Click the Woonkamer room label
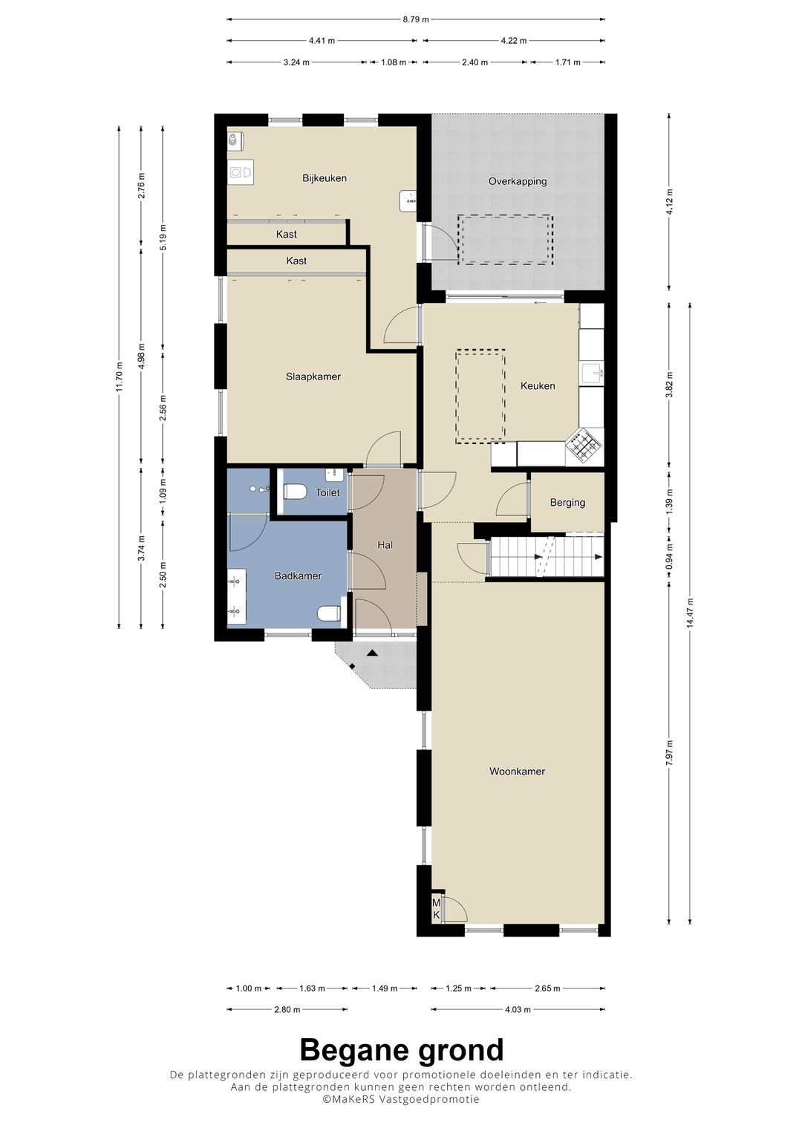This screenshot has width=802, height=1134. pyautogui.click(x=517, y=772)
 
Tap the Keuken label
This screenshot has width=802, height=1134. pyautogui.click(x=538, y=386)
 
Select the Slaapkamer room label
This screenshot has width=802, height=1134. pyautogui.click(x=313, y=377)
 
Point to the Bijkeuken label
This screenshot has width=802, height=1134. pyautogui.click(x=325, y=178)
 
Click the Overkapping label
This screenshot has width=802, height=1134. pyautogui.click(x=518, y=181)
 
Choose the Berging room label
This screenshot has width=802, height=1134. pyautogui.click(x=567, y=503)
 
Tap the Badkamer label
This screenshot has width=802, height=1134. pyautogui.click(x=298, y=576)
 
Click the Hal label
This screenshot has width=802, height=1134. pyautogui.click(x=385, y=545)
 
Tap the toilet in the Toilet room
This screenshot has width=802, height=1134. pyautogui.click(x=296, y=492)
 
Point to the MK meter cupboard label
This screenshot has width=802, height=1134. pyautogui.click(x=437, y=909)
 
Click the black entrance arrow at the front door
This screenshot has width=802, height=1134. pyautogui.click(x=372, y=653)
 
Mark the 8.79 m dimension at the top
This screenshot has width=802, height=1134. pyautogui.click(x=416, y=20)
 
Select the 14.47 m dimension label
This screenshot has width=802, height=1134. pyautogui.click(x=691, y=613)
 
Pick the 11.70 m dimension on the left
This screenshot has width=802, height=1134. pyautogui.click(x=119, y=377)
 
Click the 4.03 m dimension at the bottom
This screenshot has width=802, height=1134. pyautogui.click(x=518, y=1009)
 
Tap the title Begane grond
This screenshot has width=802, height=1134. pyautogui.click(x=401, y=1050)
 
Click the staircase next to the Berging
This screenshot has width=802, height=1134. pyautogui.click(x=546, y=557)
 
